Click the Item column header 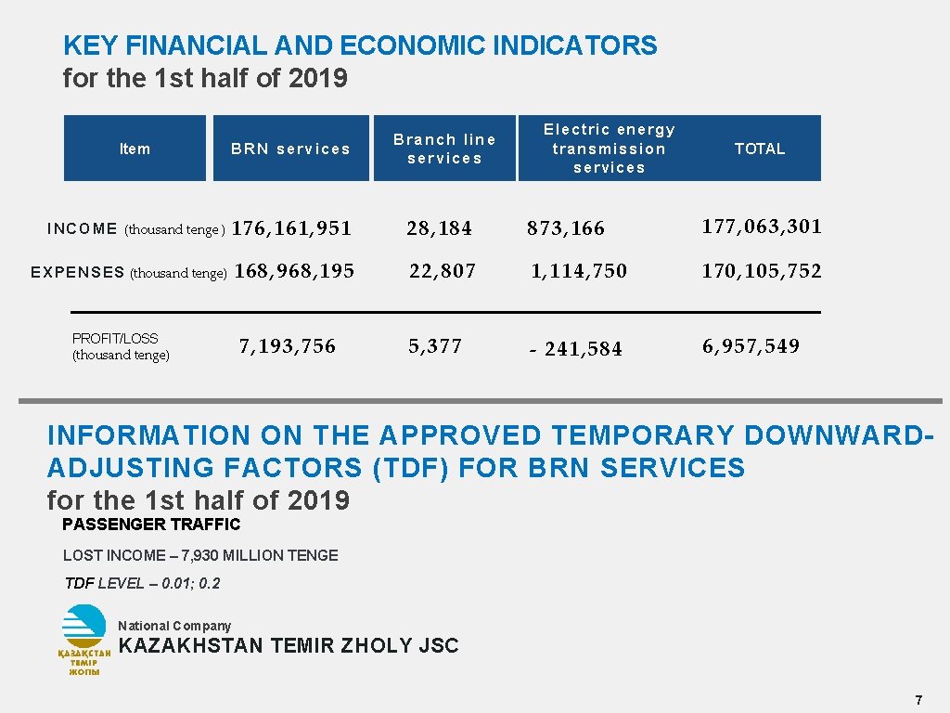pos(135,149)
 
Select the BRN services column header pos(290,149)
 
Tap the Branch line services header pos(444,149)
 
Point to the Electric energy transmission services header pos(609,149)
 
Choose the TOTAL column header pos(760,149)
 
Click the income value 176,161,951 pos(292,228)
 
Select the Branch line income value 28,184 pos(439,228)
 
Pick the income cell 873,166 pos(566,228)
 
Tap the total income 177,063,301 pos(762,227)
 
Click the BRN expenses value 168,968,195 pos(295,271)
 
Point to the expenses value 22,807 pos(443,271)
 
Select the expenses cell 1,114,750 pos(579,271)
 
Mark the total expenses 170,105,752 pos(762,271)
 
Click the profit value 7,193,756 pos(288,346)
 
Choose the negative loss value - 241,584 pos(575,349)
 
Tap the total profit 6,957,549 pos(751,346)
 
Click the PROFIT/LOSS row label pos(121,346)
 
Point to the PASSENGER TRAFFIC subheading pos(150,525)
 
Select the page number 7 pos(918,699)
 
